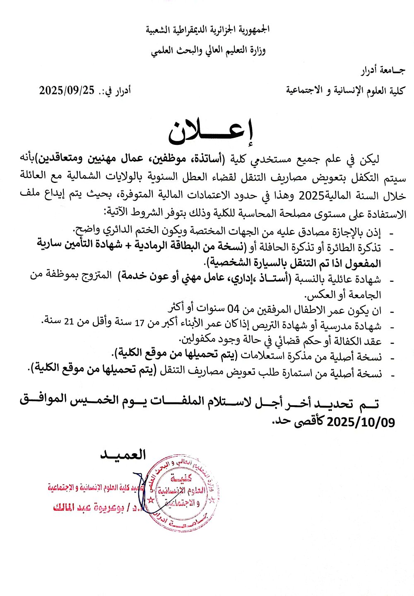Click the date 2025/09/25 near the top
pyautogui.click(x=67, y=90)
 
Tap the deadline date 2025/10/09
pyautogui.click(x=361, y=422)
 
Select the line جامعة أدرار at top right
pyautogui.click(x=383, y=71)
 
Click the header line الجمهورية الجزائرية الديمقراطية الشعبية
pyautogui.click(x=207, y=29)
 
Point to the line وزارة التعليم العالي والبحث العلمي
pyautogui.click(x=208, y=50)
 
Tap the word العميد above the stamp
pyautogui.click(x=123, y=455)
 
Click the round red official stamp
pyautogui.click(x=182, y=493)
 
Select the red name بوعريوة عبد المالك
pyautogui.click(x=88, y=507)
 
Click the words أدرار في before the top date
pyautogui.click(x=117, y=91)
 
